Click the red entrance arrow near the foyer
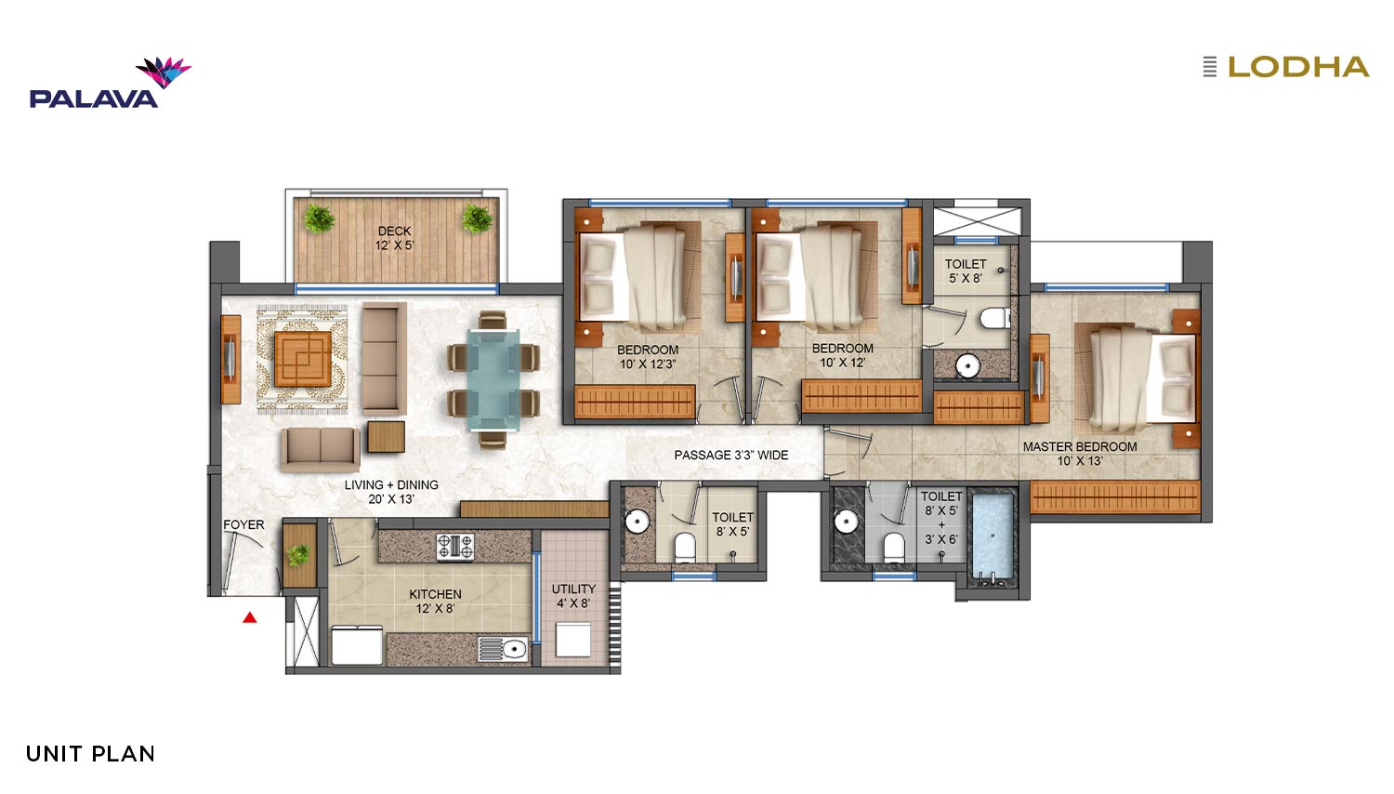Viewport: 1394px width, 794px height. (250, 617)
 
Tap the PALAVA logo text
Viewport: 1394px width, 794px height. (93, 99)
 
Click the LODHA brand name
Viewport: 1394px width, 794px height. (1298, 67)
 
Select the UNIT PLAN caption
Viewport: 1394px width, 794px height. (90, 754)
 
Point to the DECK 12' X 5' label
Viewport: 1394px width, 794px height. (394, 239)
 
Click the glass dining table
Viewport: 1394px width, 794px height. (493, 380)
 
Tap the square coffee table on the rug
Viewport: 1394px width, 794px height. (302, 359)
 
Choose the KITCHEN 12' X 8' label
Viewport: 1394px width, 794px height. (435, 601)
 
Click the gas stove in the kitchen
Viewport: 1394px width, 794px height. (455, 547)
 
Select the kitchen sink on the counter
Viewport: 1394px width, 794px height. (504, 649)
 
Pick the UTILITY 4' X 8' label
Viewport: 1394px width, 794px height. (573, 596)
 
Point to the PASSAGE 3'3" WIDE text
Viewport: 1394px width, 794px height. (731, 456)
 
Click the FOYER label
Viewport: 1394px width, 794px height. (243, 525)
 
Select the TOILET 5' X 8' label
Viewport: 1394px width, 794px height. (966, 271)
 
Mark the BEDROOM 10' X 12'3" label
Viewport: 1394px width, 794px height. (647, 357)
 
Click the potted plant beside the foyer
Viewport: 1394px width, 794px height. (298, 553)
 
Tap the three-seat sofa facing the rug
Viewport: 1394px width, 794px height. (383, 359)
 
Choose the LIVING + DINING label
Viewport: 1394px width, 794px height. (391, 491)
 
